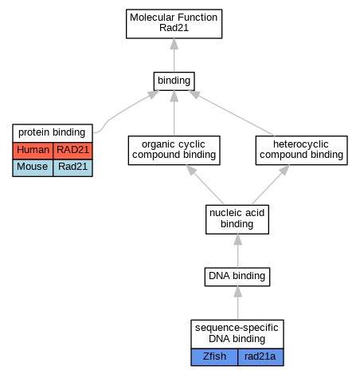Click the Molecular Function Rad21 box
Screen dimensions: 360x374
(174, 24)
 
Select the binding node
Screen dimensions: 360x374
(174, 81)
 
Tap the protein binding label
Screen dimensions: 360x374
(53, 133)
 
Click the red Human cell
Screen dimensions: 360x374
(33, 151)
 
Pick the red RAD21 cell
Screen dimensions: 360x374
(72, 151)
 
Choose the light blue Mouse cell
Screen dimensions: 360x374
(33, 167)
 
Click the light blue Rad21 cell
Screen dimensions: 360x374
(72, 167)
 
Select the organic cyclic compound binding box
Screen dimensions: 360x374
(174, 150)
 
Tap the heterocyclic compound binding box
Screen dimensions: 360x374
(301, 150)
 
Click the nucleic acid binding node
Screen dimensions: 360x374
(237, 219)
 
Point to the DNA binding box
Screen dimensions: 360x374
(237, 277)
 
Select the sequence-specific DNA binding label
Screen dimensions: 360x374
(237, 334)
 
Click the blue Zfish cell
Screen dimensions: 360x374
(214, 357)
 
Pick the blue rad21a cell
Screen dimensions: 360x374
(260, 357)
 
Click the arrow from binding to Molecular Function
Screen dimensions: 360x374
(174, 55)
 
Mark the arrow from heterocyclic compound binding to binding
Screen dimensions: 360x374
(231, 113)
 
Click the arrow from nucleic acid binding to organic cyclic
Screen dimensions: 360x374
(205, 185)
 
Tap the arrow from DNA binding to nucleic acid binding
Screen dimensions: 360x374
(237, 250)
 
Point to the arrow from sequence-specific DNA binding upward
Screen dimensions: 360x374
(237, 303)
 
